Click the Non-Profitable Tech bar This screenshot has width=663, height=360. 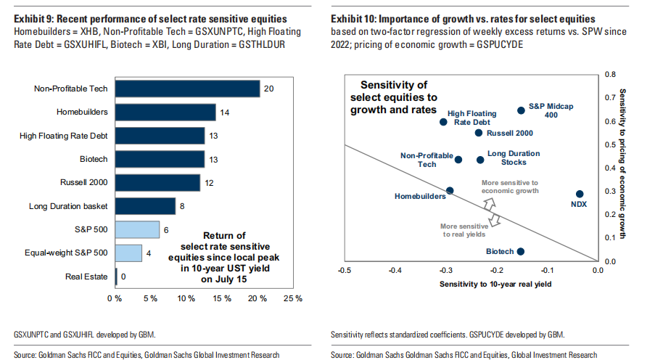(x=187, y=89)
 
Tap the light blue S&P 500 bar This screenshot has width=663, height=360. (x=137, y=229)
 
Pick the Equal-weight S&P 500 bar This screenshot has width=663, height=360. (x=128, y=253)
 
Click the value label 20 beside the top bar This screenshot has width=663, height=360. (x=268, y=89)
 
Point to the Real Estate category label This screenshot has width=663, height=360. (x=86, y=277)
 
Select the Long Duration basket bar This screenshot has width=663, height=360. (x=145, y=206)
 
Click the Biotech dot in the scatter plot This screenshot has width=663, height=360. (x=520, y=251)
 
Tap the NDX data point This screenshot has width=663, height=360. (x=580, y=194)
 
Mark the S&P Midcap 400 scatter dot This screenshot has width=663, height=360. (x=521, y=110)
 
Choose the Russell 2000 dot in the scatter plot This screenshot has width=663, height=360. (x=478, y=133)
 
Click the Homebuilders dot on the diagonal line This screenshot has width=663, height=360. (x=450, y=190)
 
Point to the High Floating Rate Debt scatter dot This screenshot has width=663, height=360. (x=444, y=122)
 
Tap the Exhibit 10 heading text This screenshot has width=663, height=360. (x=464, y=17)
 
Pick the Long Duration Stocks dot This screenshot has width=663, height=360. (x=480, y=160)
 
